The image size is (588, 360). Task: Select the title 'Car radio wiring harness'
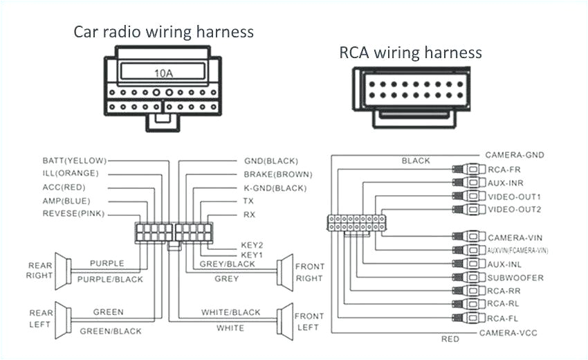164,32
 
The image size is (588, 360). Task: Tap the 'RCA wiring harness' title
410,53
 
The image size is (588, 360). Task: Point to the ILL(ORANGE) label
71,174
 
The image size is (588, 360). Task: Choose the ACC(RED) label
65,188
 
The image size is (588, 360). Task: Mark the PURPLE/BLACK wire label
110,279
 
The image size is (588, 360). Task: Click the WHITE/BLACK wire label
231,313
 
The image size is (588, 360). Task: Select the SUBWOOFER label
515,278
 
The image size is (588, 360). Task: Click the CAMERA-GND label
514,155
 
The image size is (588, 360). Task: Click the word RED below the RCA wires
450,339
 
